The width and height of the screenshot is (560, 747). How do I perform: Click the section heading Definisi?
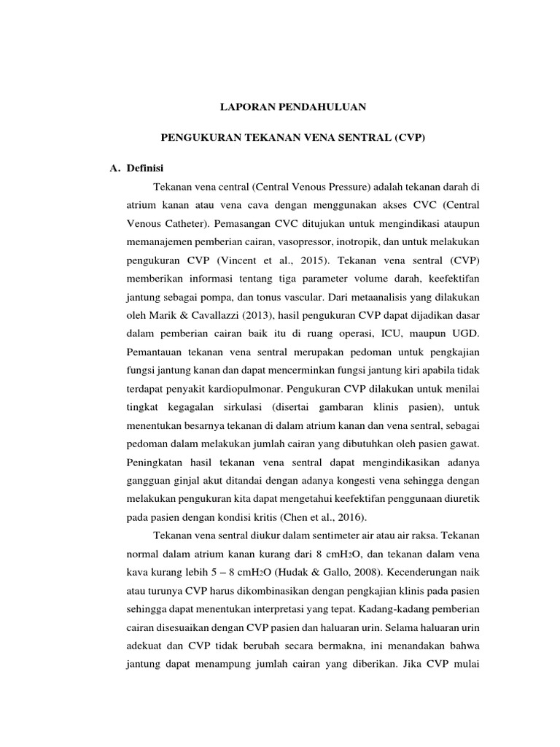tap(146, 168)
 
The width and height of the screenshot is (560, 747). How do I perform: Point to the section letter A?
tap(114, 168)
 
